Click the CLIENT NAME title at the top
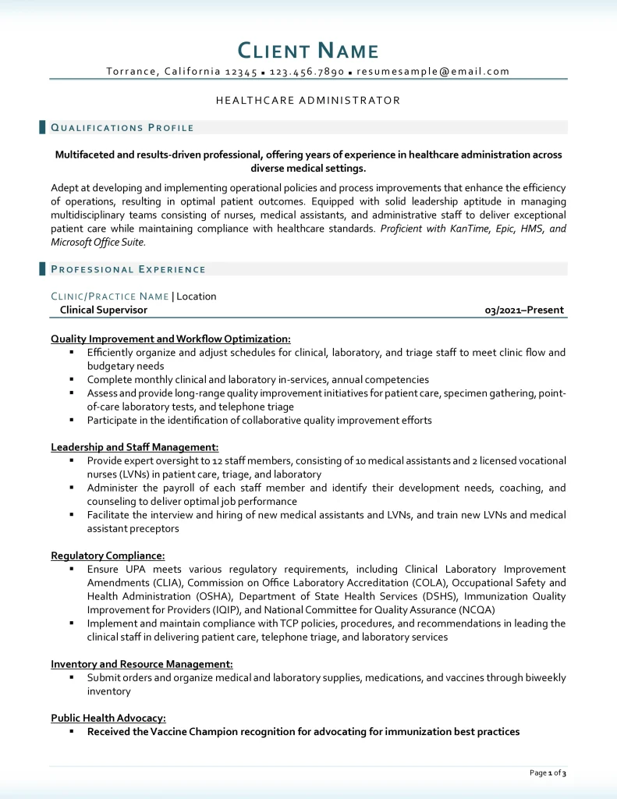pyautogui.click(x=308, y=51)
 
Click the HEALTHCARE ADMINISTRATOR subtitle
pyautogui.click(x=308, y=101)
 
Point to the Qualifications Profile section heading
pyautogui.click(x=122, y=128)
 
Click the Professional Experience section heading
pyautogui.click(x=128, y=270)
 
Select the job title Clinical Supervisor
pyautogui.click(x=104, y=310)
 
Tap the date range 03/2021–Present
pyautogui.click(x=524, y=310)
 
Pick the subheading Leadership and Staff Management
pyautogui.click(x=134, y=447)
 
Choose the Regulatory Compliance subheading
pyautogui.click(x=108, y=556)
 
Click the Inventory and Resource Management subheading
pyautogui.click(x=142, y=664)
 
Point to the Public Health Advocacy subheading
pyautogui.click(x=108, y=718)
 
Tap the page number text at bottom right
pyautogui.click(x=548, y=773)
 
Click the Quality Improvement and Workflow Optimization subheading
pyautogui.click(x=171, y=339)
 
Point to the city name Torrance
pyautogui.click(x=132, y=72)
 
